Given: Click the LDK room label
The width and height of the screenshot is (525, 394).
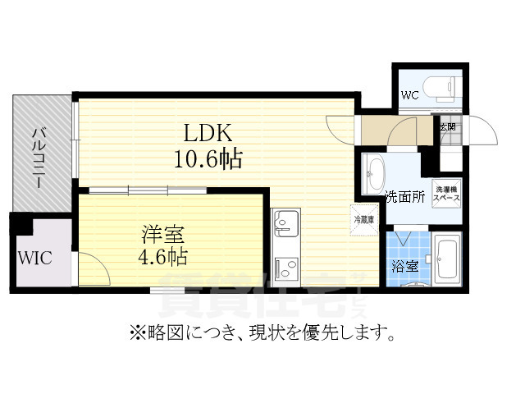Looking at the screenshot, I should coord(208,133).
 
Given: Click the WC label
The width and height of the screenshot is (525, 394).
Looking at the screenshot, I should coord(409,95).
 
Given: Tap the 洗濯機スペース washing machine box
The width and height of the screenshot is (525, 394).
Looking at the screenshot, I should coord(446,194).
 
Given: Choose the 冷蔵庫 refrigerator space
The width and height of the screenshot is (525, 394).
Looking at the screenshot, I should coord(363,219).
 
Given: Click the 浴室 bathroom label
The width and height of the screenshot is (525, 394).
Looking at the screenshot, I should coord(404,266).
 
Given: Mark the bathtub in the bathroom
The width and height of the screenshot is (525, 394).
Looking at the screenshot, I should coord(447,259).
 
